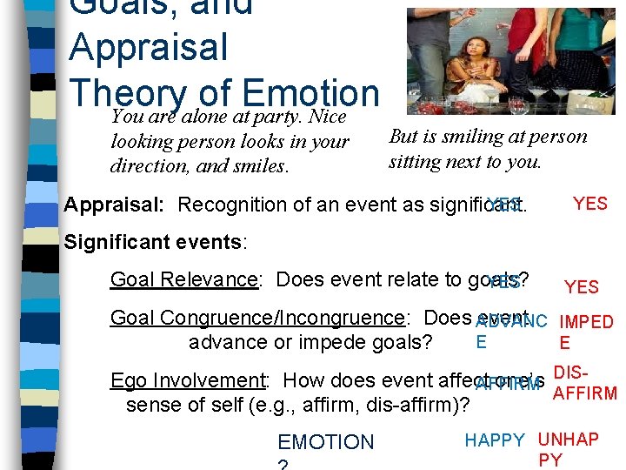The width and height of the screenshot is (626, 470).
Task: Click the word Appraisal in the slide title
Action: point(148,47)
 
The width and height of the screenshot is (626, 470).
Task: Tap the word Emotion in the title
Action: point(312,93)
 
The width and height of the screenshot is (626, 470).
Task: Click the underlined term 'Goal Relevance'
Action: point(183,280)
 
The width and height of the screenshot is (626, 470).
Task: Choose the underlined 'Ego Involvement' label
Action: point(187,380)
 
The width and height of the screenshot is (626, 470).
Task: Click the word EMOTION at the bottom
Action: point(325,442)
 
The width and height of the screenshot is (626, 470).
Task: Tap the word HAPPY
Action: point(495,440)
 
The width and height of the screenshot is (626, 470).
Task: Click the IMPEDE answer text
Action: point(587,332)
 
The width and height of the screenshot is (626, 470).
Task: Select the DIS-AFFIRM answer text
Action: point(584,383)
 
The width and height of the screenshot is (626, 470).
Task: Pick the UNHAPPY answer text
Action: point(568,449)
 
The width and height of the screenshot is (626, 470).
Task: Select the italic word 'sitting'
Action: point(417,161)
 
